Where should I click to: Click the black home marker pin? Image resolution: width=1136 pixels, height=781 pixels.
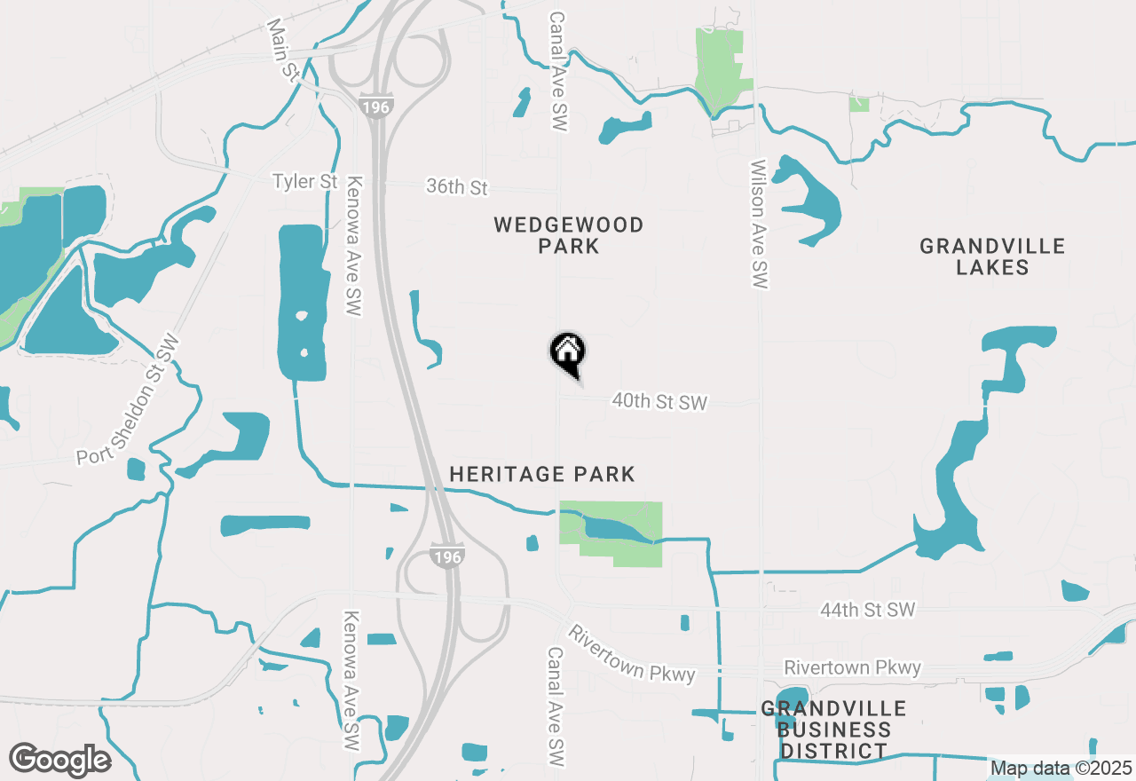[568, 353]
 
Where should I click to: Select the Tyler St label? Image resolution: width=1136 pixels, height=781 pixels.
[305, 182]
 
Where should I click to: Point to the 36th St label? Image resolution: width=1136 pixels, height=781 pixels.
[457, 187]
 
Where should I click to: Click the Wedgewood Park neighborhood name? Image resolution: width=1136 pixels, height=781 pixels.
[569, 235]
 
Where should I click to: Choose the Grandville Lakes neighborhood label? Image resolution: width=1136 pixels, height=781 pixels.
[992, 256]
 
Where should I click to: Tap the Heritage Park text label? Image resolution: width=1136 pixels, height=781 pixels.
[542, 475]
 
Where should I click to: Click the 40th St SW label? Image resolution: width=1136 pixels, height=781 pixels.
[659, 402]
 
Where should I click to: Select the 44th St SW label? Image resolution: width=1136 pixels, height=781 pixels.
[867, 611]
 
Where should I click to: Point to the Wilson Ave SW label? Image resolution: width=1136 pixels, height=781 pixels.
[759, 224]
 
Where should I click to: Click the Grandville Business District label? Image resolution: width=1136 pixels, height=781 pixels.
[833, 730]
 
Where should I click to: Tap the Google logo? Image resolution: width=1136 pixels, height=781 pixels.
[59, 761]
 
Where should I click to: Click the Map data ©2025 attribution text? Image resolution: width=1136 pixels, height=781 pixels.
[1061, 768]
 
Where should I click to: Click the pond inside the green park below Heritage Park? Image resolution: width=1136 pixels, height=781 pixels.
[617, 530]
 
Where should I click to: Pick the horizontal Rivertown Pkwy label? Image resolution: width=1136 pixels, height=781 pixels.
[852, 667]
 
